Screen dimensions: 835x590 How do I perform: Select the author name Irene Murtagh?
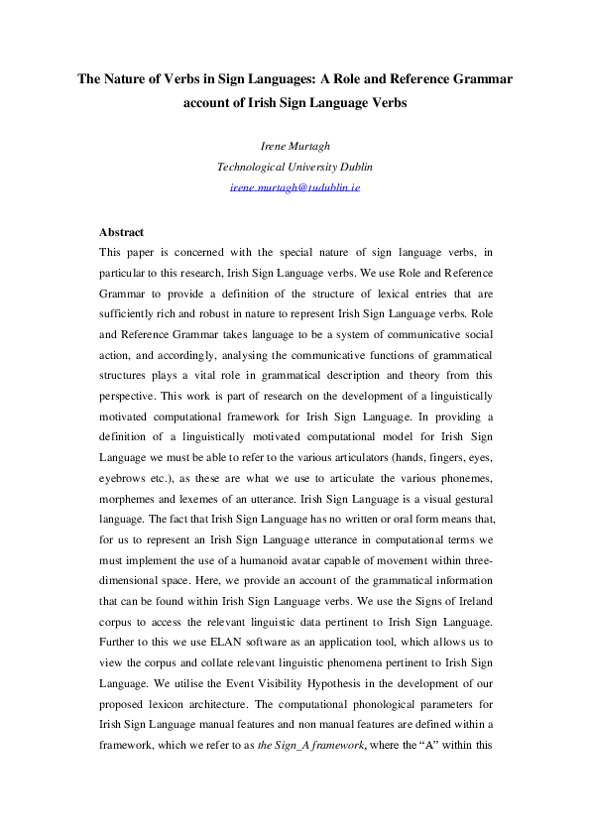[x=295, y=147]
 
